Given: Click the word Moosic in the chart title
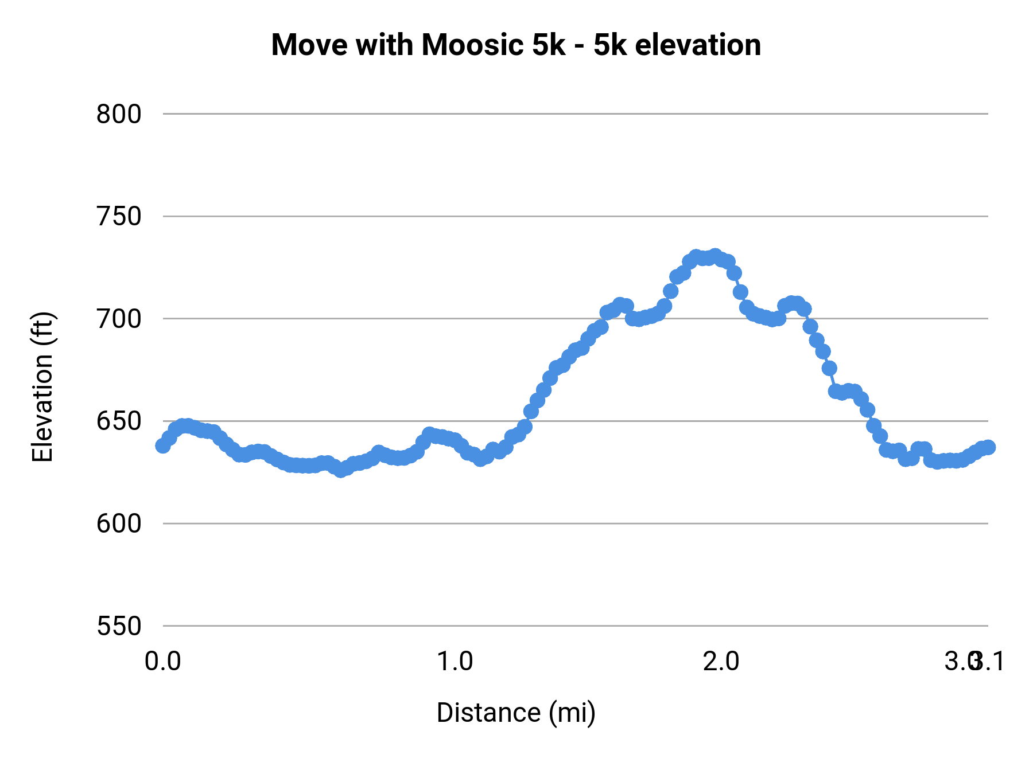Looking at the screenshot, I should pos(473,45).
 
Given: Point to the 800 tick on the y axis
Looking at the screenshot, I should pos(119,115).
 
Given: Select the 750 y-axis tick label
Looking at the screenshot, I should pos(119,217).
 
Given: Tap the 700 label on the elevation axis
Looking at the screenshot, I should pos(119,319).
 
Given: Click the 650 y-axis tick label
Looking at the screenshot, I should pos(119,421).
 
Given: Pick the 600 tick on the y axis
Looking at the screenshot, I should pos(119,523).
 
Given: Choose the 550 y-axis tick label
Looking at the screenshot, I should pos(119,626).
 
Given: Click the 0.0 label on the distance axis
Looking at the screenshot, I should pos(163,662).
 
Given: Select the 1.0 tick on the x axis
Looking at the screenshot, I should pos(455,662).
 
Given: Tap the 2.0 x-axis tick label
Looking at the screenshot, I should pos(721,662).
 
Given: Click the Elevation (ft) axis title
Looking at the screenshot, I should pos(42,387).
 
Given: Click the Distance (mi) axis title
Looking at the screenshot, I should pos(516,713).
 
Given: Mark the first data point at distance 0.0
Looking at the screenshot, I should pos(163,445).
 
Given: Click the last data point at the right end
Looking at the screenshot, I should pos(988,447).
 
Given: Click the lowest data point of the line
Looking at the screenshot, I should pos(340,470).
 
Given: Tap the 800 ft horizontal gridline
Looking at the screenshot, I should pos(574,114).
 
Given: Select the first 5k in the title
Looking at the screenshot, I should pos(549,45).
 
